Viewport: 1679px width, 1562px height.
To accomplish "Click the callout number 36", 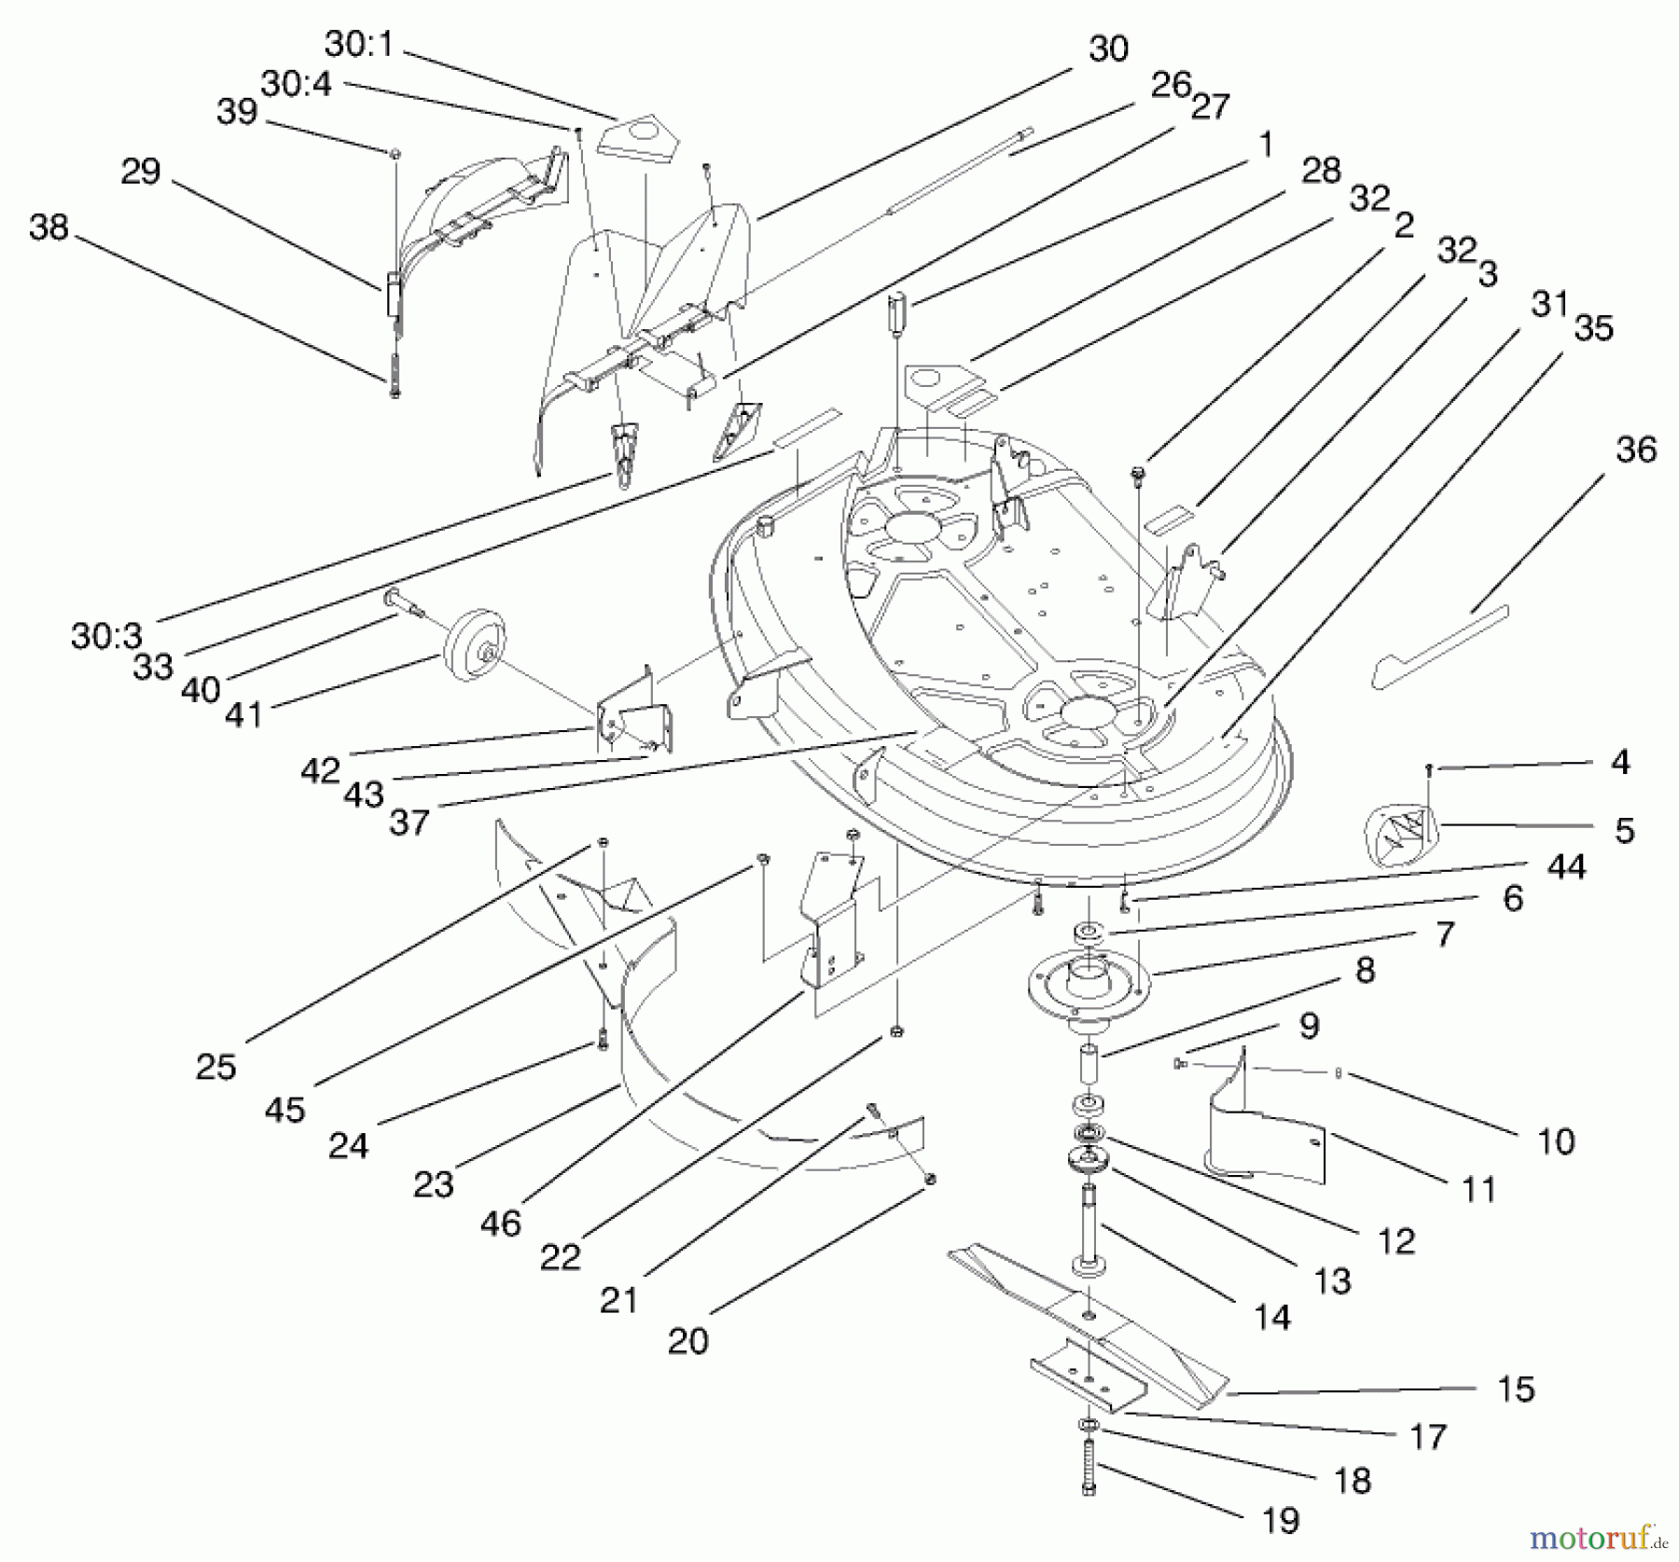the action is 1636,449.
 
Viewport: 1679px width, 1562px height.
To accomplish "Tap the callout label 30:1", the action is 360,43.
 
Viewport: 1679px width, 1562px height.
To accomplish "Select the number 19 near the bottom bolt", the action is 1280,1521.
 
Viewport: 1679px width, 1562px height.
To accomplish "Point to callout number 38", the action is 49,227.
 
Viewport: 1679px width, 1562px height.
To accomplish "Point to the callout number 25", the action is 215,1066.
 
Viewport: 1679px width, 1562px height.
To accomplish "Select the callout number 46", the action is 500,1223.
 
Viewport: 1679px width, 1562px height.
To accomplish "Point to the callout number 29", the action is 140,172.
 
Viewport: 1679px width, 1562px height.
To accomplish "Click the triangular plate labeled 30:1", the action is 638,139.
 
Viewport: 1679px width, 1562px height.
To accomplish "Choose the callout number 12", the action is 1396,1240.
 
